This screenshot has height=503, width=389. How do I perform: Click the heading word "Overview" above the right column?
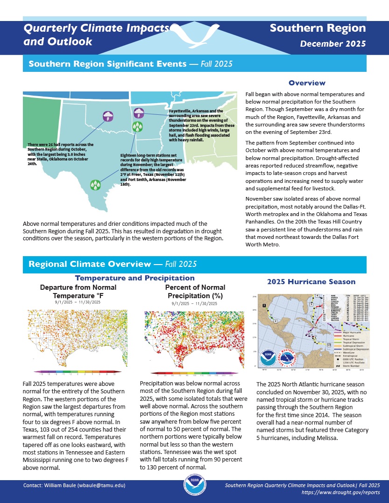tap(307, 83)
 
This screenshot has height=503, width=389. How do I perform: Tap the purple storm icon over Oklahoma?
tap(108, 115)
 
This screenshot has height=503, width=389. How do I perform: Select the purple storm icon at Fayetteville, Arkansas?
tap(139, 112)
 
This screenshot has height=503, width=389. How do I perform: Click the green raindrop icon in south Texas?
tap(96, 185)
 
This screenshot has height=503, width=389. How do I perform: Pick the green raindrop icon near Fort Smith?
tap(137, 126)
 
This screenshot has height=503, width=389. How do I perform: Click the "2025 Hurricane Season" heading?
tap(311, 282)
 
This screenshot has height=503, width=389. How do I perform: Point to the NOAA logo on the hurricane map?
tap(269, 357)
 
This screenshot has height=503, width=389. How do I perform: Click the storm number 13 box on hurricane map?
tap(329, 345)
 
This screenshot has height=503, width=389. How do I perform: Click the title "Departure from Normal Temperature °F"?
tap(78, 292)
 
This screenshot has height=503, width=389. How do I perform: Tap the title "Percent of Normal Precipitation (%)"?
tap(195, 292)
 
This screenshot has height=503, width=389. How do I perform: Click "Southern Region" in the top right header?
tap(318, 28)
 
